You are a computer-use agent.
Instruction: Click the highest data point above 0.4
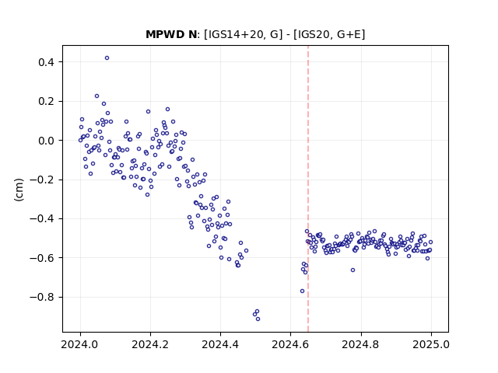click(x=107, y=58)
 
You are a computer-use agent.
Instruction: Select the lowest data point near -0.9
click(x=258, y=319)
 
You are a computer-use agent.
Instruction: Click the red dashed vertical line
click(x=308, y=189)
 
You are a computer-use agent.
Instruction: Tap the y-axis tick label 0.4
click(x=46, y=62)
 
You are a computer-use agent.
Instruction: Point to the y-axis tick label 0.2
click(x=46, y=102)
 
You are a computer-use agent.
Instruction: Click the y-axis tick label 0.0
click(x=46, y=141)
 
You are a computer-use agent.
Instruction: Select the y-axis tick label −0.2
click(x=42, y=180)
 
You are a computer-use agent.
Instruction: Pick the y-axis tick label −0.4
click(x=42, y=219)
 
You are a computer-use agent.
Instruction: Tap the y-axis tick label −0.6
click(x=42, y=258)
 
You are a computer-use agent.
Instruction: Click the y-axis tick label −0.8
click(x=42, y=297)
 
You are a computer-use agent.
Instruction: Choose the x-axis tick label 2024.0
click(x=80, y=344)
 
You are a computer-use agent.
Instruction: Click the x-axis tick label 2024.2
click(x=150, y=344)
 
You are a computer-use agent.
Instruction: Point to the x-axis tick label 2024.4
click(x=220, y=344)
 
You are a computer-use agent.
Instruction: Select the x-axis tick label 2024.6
click(x=290, y=344)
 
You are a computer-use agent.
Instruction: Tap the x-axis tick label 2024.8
click(x=360, y=344)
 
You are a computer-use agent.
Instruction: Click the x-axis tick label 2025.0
click(x=431, y=344)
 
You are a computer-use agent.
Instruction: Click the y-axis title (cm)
click(x=19, y=190)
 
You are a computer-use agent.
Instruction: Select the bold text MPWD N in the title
click(x=171, y=34)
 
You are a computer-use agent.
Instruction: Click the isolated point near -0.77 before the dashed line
click(x=303, y=291)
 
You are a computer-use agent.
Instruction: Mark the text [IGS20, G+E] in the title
click(x=329, y=34)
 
